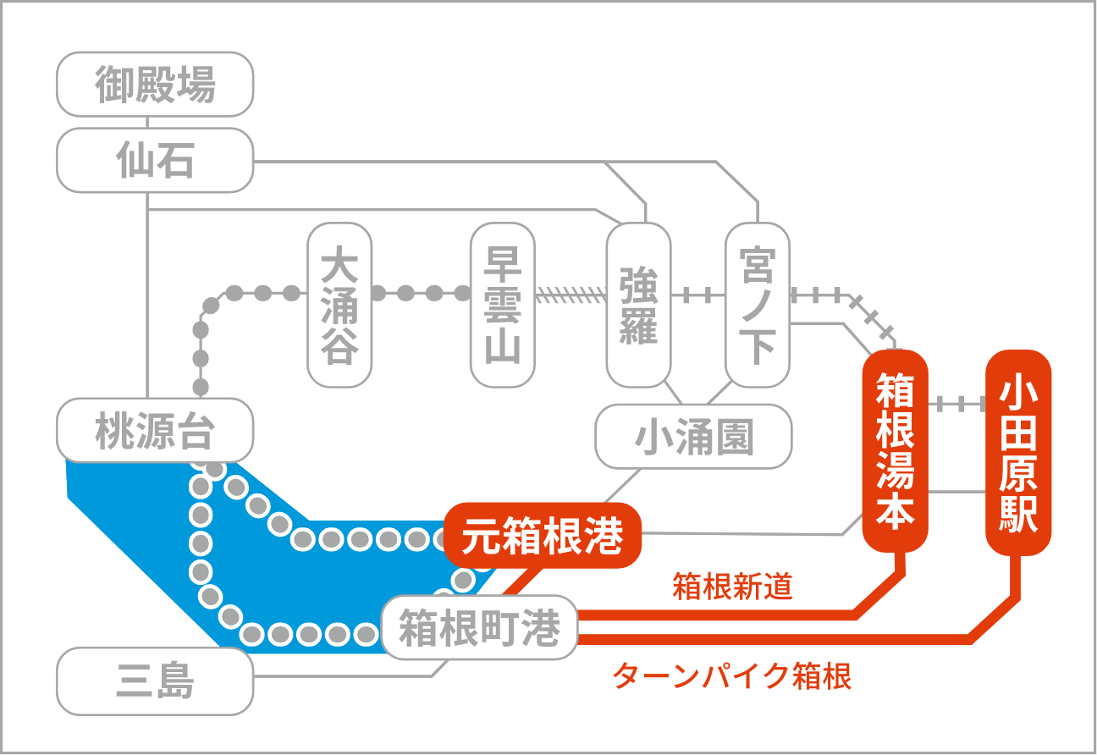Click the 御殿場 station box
(155, 85)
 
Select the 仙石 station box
(155, 160)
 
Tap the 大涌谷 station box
(339, 305)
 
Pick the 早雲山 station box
(502, 305)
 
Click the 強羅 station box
(638, 305)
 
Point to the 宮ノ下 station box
(757, 305)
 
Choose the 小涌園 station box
(693, 437)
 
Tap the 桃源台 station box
(155, 432)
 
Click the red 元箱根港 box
(542, 536)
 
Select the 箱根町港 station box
(479, 628)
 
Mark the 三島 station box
(155, 681)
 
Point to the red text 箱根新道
(733, 587)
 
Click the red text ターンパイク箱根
(731, 676)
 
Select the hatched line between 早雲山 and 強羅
(571, 295)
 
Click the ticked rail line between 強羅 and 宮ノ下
(697, 295)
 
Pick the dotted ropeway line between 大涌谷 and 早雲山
(421, 294)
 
